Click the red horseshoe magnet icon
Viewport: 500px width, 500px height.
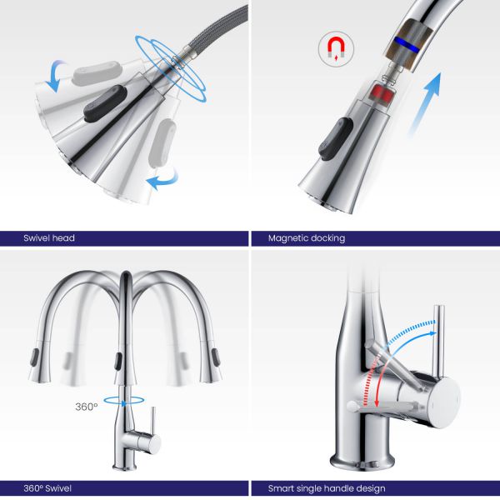336,48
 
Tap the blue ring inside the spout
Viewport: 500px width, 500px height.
406,44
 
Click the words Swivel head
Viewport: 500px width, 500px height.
49,237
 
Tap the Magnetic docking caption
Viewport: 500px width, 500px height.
307,238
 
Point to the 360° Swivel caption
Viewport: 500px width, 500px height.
47,488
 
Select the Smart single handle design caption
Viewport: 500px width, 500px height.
327,488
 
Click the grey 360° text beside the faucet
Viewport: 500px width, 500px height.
86,407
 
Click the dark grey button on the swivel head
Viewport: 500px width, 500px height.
105,103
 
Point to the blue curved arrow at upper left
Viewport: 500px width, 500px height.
56,75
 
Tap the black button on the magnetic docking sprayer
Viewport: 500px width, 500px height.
336,138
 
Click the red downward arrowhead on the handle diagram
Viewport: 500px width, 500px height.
377,402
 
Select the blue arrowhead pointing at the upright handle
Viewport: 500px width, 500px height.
432,333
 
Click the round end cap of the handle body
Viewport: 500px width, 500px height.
445,403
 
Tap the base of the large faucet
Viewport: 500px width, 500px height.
362,461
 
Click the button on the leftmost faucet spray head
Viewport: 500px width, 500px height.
34,357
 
